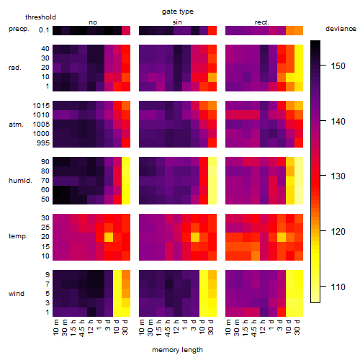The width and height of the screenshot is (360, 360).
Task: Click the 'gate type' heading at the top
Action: pyautogui.click(x=178, y=12)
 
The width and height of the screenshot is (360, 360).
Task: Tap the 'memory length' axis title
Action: pyautogui.click(x=177, y=350)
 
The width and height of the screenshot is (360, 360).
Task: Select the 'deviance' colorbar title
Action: pyautogui.click(x=341, y=29)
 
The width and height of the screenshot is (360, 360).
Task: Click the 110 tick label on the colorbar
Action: pyautogui.click(x=338, y=287)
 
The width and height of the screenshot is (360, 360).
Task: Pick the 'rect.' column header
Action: pyautogui.click(x=262, y=22)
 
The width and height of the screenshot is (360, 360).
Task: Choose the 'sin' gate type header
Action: pyautogui.click(x=177, y=22)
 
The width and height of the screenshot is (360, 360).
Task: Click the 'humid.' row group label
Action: pyautogui.click(x=20, y=181)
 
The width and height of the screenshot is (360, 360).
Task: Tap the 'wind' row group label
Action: pyautogui.click(x=17, y=294)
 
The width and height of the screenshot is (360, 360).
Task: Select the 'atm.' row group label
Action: pyautogui.click(x=16, y=125)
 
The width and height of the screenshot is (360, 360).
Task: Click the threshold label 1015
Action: pyautogui.click(x=41, y=106)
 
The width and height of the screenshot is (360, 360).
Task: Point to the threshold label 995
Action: pyautogui.click(x=43, y=143)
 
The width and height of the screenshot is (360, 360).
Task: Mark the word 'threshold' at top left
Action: pyautogui.click(x=40, y=17)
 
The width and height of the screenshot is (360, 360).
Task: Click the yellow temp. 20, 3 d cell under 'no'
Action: pyautogui.click(x=109, y=237)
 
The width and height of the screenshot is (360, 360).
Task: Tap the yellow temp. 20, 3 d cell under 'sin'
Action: pyautogui.click(x=195, y=237)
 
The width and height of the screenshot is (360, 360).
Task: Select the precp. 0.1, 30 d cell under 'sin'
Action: pyautogui.click(x=212, y=30)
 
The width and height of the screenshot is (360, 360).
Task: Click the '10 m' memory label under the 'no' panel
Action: pyautogui.click(x=56, y=327)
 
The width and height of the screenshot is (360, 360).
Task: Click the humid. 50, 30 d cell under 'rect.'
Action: pyautogui.click(x=299, y=199)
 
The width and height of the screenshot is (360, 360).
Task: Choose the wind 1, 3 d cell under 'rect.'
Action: pyautogui.click(x=282, y=312)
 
